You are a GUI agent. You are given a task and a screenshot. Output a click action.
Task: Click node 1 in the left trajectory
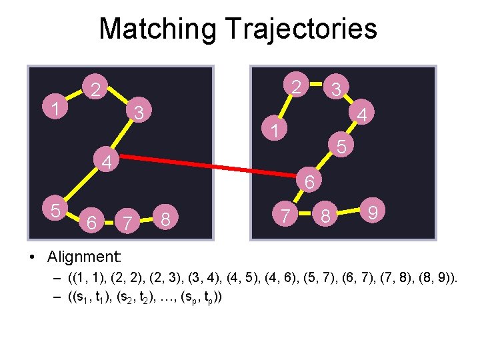coord(58,109)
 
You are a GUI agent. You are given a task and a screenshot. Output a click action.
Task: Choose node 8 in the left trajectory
coord(168,218)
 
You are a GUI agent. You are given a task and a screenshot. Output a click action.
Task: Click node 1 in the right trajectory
coord(273,130)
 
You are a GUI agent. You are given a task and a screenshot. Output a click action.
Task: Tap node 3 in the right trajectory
coord(337,88)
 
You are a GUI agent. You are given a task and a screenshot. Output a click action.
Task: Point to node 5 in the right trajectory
coord(341,145)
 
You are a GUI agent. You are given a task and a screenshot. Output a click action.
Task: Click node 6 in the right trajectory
coord(309,181)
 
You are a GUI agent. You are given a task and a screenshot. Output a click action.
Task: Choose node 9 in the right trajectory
coord(374,213)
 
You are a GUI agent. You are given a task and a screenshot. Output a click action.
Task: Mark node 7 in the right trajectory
coord(285,215)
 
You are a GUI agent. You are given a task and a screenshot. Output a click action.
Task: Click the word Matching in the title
coord(157,29)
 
